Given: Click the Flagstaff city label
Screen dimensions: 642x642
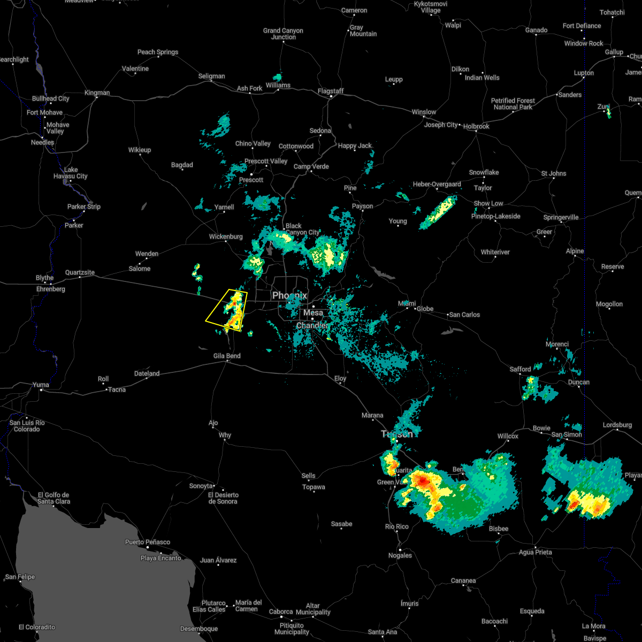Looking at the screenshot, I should click(x=330, y=91).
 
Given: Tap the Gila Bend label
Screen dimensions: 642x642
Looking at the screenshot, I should click(x=227, y=356).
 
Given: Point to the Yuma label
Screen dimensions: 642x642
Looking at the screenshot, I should click(x=41, y=385).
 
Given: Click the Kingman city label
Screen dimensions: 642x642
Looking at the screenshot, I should click(x=97, y=93).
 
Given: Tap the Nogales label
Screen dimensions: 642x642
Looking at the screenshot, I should click(x=400, y=555).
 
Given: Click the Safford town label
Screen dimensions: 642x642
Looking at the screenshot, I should click(x=520, y=369).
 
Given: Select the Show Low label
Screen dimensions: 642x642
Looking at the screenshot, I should click(x=488, y=204).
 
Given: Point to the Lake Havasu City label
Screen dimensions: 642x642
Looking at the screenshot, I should click(x=71, y=173).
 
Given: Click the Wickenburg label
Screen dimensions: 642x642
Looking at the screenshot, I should click(x=225, y=236).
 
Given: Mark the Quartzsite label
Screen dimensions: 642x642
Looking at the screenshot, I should click(x=80, y=272).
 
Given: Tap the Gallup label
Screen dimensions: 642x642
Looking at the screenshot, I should click(x=614, y=52).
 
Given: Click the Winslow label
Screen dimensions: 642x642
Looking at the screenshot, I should click(x=424, y=112).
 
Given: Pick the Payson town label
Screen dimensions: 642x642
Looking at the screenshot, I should click(x=362, y=207).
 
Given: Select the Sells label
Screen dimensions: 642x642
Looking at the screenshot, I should click(x=308, y=476).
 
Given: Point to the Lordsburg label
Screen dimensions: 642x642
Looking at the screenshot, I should click(x=617, y=425).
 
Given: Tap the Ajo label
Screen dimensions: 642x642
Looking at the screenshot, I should click(x=213, y=423).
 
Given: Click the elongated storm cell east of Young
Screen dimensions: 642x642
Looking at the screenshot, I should click(x=439, y=212).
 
